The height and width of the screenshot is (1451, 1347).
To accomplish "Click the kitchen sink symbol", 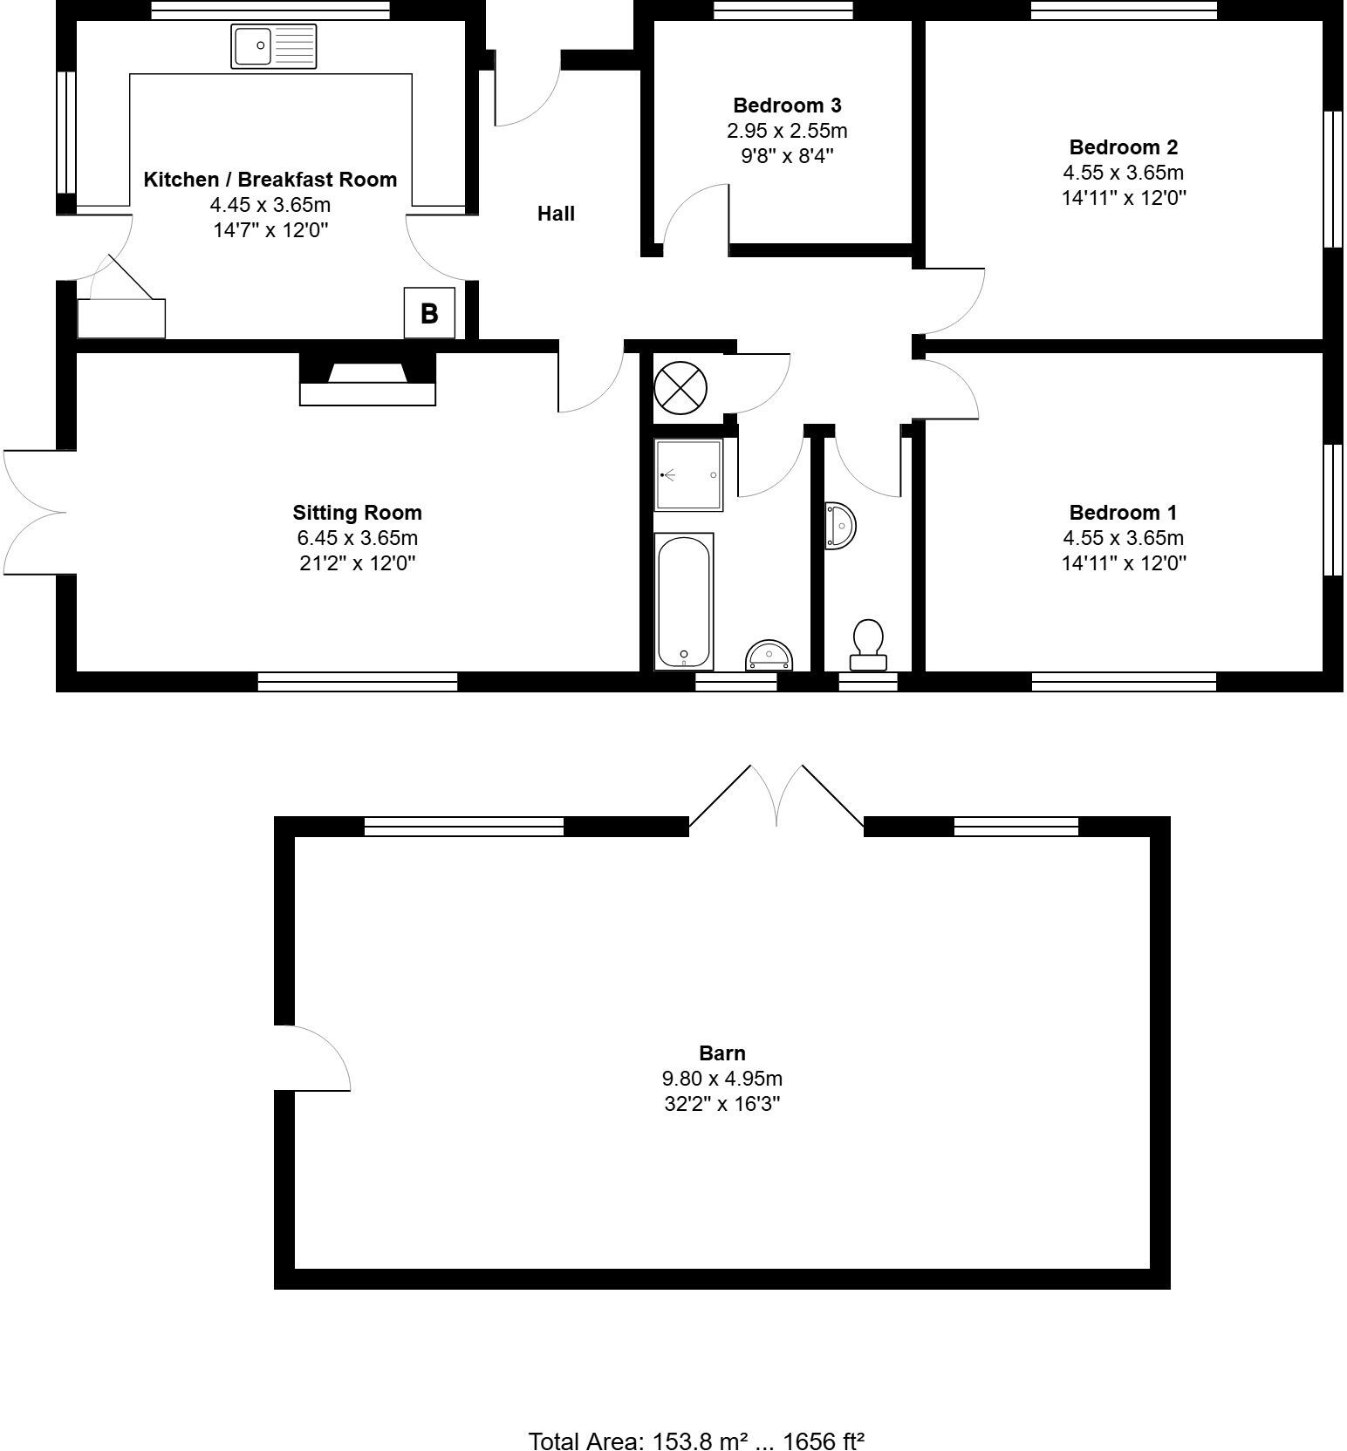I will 274,46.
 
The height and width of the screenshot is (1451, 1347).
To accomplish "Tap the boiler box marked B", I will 429,313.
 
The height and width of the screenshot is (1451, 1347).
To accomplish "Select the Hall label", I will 556,214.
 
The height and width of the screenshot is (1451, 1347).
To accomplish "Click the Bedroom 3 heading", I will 787,106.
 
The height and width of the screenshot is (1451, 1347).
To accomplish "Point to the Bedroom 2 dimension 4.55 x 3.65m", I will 1123,173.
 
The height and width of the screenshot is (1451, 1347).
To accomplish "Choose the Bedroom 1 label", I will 1123,513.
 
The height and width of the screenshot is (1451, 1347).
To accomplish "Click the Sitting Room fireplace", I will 367,378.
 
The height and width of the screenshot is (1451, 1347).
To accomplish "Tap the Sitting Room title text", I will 357,513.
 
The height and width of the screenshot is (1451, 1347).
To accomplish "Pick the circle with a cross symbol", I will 680,387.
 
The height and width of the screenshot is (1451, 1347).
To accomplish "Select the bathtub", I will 684,602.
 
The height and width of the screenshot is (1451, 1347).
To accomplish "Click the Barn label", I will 721,1052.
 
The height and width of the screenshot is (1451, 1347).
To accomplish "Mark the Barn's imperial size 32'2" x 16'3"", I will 721,1104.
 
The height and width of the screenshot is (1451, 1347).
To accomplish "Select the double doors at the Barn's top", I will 776,795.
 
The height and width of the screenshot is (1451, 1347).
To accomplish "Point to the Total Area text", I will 696,1441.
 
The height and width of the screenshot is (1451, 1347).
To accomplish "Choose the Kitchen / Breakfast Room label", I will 270,180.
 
